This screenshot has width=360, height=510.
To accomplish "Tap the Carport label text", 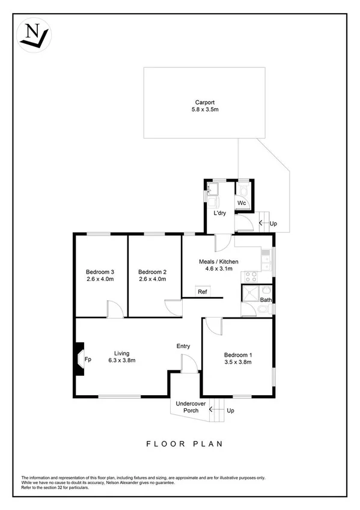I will (204, 102).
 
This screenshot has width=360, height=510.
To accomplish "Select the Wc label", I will (241, 203).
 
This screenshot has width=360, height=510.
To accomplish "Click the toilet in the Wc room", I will (242, 189).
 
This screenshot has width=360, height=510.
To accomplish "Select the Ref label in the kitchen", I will (203, 292).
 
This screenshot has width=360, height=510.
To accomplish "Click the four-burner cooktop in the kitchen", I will (250, 277).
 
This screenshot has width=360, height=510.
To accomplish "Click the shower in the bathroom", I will (249, 294).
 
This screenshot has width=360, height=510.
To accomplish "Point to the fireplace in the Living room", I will (79, 360).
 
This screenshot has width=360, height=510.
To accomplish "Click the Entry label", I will (183, 346).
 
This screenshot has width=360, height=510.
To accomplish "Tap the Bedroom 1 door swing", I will (213, 326).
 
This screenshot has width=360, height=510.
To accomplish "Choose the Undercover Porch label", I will (186, 407).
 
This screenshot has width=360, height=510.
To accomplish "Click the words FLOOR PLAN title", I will (185, 444).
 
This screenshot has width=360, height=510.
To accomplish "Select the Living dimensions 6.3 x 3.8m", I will (122, 361).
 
